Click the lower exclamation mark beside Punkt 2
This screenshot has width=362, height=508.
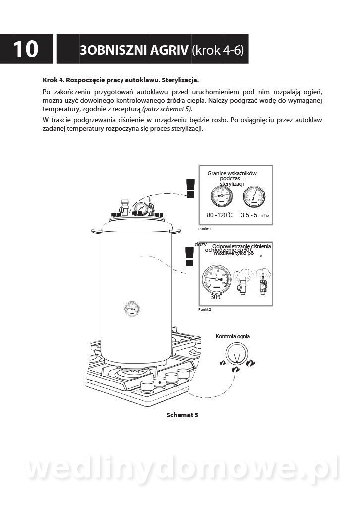(x=189, y=256)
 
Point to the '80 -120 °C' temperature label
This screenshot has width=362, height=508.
(x=219, y=215)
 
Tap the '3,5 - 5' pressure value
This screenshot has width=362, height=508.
(x=249, y=215)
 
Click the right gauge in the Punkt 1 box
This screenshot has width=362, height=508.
(x=253, y=197)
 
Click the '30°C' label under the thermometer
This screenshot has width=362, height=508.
(x=216, y=297)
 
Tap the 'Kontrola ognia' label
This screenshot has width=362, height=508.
(x=233, y=336)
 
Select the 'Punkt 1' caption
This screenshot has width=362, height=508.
(x=204, y=229)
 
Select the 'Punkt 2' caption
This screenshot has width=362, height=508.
(x=204, y=309)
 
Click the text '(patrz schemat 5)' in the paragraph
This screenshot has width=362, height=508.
(x=167, y=109)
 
